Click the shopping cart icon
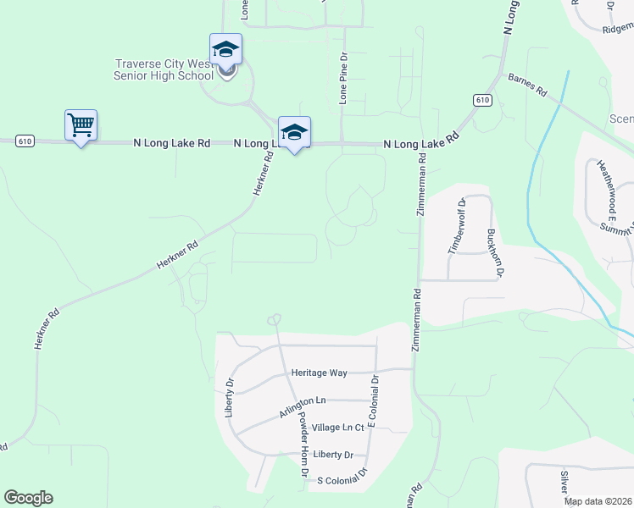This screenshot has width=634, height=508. [x=81, y=125]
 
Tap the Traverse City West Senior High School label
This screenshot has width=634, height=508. [x=165, y=69]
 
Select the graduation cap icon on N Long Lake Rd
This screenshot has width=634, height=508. [x=294, y=133]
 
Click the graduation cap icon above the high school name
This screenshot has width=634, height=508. [x=226, y=49]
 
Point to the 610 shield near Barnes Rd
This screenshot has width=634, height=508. [x=482, y=100]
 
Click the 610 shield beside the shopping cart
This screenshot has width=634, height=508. [x=25, y=141]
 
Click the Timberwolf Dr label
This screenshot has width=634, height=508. [x=456, y=226]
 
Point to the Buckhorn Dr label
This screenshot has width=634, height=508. [x=495, y=252]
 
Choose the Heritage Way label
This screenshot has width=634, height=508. [x=320, y=373]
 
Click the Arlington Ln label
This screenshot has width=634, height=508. [x=303, y=406]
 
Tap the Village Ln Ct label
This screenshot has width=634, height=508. [x=337, y=428]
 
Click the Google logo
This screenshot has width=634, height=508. [x=28, y=498]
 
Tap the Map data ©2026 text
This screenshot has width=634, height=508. [x=597, y=501]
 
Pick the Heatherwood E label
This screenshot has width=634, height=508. [x=607, y=186]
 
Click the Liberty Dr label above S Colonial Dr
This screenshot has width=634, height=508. [x=332, y=455]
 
